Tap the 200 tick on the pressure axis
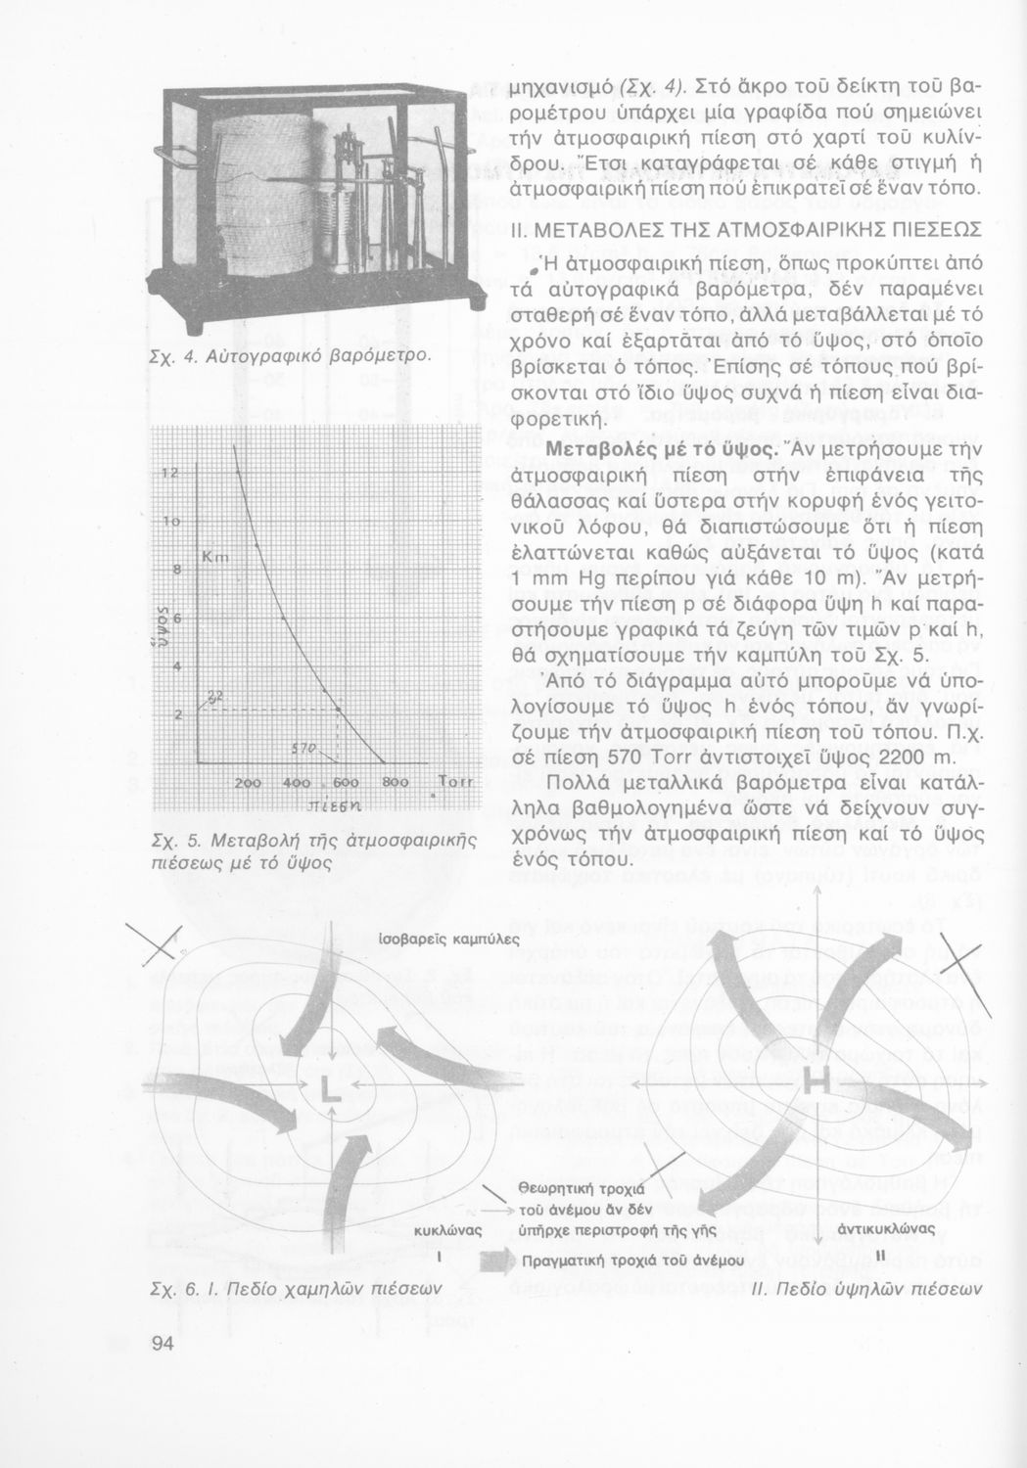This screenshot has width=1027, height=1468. [249, 784]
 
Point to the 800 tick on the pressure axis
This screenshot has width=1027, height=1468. [395, 784]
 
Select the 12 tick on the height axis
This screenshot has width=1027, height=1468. [168, 474]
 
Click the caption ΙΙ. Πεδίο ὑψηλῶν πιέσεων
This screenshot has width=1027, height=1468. [866, 1289]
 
